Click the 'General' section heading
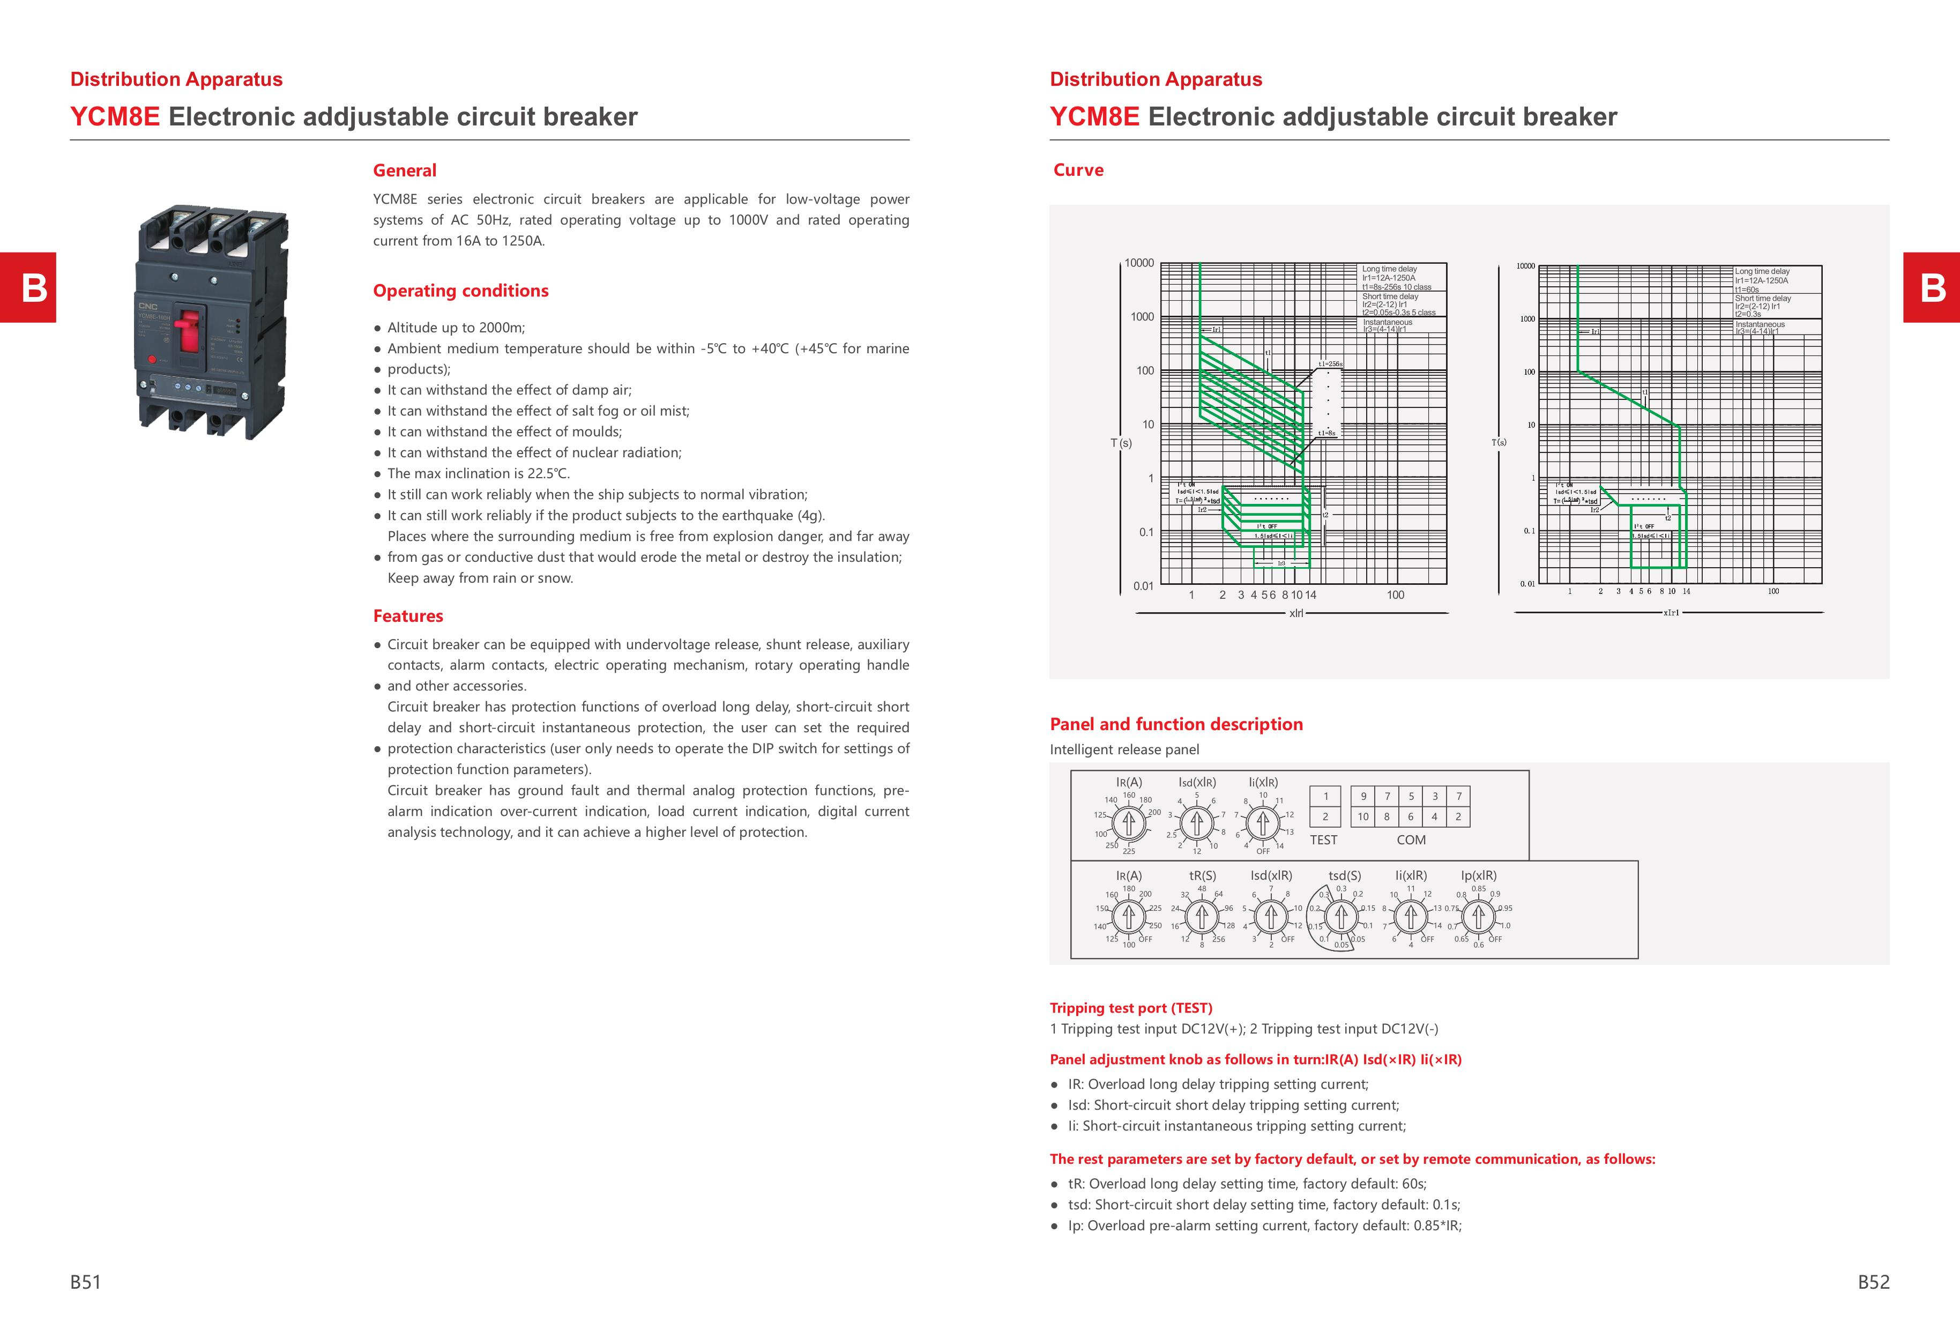pyautogui.click(x=405, y=170)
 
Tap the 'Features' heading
pyautogui.click(x=408, y=615)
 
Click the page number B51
pyautogui.click(x=85, y=1282)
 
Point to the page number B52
pyautogui.click(x=1873, y=1282)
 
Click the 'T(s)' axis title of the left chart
pyautogui.click(x=1121, y=443)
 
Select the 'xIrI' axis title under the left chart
pyautogui.click(x=1296, y=613)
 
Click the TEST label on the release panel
pyautogui.click(x=1323, y=840)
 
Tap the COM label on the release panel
pyautogui.click(x=1411, y=840)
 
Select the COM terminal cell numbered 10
pyautogui.click(x=1363, y=816)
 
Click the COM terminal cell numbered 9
pyautogui.click(x=1363, y=796)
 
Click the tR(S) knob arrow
pyautogui.click(x=1202, y=916)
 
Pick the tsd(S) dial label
pyautogui.click(x=1344, y=875)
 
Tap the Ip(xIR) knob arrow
pyautogui.click(x=1478, y=916)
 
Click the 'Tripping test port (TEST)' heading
pyautogui.click(x=1131, y=1008)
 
